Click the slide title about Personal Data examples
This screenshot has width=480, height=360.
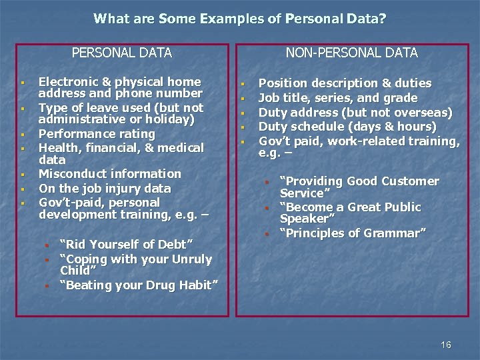point(239,19)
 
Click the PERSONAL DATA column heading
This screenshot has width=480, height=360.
point(121,53)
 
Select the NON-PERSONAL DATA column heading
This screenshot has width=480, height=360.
point(351,53)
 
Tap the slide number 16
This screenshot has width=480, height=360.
point(446,345)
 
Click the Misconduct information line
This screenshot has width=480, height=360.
point(110,174)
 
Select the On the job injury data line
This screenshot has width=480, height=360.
point(105,189)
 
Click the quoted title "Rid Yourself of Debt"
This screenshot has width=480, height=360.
point(121,245)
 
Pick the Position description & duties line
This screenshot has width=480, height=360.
point(345,83)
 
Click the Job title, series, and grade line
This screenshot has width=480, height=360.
point(338,98)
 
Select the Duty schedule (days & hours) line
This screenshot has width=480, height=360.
point(347,127)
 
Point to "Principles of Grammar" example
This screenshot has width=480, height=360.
point(353,233)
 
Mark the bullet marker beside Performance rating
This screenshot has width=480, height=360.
point(23,134)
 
